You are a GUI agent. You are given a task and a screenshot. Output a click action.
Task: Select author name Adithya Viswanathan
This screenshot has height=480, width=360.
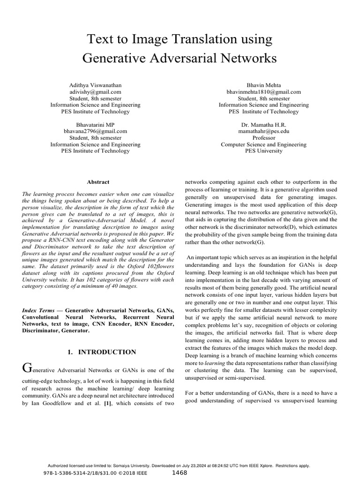tap(96, 85)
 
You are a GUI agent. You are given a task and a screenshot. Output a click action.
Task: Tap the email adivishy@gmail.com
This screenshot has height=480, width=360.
tap(96, 92)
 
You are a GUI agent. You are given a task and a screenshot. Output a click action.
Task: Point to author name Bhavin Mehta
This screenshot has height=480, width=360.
tap(263, 85)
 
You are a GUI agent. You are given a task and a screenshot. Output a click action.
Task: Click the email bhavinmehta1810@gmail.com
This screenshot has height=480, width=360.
tap(263, 92)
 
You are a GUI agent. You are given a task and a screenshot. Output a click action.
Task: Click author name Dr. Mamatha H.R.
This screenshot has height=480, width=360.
tap(263, 125)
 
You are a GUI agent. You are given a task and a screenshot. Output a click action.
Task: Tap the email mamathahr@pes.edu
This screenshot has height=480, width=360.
tap(263, 132)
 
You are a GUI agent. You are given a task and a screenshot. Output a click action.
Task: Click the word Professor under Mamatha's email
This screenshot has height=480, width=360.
tap(263, 138)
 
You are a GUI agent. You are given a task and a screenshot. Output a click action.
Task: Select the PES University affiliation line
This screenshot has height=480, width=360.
tap(263, 151)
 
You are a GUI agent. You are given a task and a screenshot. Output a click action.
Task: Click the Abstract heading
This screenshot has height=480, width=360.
tap(98, 182)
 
